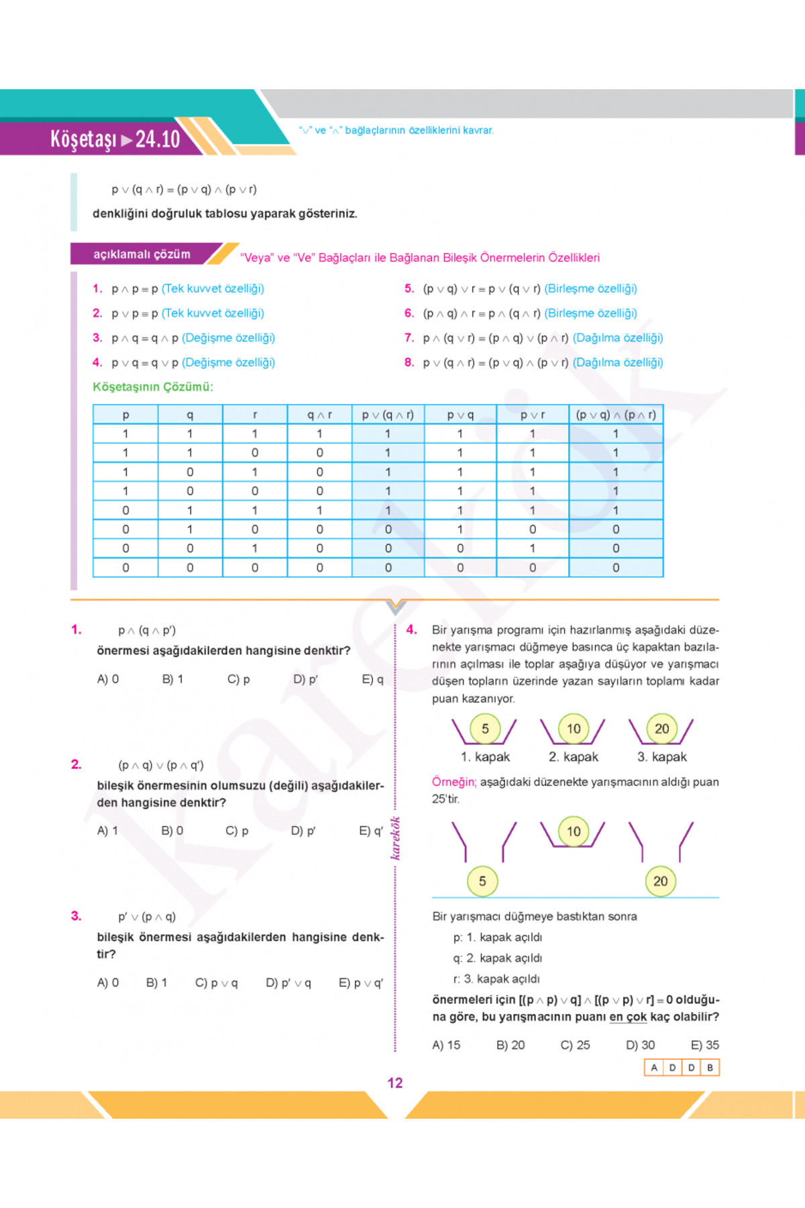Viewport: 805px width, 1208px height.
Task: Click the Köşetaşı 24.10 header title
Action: click(115, 139)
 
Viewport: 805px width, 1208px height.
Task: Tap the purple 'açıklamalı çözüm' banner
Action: click(142, 254)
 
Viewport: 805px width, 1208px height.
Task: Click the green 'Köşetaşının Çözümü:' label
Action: click(153, 387)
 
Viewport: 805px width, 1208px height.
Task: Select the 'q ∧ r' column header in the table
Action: click(319, 415)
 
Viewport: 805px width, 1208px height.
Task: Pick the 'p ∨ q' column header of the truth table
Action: click(460, 415)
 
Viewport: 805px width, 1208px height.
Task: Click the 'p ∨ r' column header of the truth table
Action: click(533, 415)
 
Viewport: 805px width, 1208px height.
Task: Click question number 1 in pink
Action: click(76, 630)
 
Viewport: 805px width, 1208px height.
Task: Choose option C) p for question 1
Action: click(238, 679)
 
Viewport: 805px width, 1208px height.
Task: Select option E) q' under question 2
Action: click(371, 831)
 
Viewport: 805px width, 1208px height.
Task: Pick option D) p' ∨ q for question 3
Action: click(288, 983)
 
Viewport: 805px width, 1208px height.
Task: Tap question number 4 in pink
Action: click(412, 630)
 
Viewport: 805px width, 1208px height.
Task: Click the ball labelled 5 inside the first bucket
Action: click(485, 729)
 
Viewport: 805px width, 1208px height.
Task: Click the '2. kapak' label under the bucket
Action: click(573, 757)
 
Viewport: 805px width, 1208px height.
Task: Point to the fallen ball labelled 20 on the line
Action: click(661, 881)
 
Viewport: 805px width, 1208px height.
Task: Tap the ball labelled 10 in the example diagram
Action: click(574, 832)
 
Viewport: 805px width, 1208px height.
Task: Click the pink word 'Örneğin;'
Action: click(454, 782)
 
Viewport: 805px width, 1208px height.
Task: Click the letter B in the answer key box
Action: click(710, 1067)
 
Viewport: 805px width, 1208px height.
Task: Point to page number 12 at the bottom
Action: click(395, 1083)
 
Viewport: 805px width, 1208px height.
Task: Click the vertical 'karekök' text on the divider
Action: click(396, 838)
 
